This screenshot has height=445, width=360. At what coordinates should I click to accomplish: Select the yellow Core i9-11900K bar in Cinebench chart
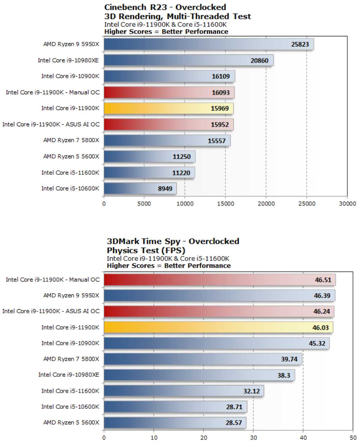coord(168,108)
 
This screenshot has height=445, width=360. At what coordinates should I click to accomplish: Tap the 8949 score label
coord(165,189)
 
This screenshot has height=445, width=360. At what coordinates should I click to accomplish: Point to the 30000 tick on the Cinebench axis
coord(347,204)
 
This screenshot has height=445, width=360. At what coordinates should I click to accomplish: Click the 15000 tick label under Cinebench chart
coord(225,204)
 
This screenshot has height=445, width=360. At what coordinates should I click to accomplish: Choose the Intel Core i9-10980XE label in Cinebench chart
coord(68,60)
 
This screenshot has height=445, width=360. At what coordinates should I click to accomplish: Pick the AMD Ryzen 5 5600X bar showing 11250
coord(149,157)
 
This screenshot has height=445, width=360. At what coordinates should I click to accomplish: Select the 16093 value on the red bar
coord(220,93)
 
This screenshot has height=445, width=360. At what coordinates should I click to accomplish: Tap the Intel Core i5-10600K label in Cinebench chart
coord(70,188)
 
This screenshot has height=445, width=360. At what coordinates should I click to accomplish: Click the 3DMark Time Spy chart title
coord(173,241)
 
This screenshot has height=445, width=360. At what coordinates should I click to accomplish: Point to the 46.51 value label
coord(323,280)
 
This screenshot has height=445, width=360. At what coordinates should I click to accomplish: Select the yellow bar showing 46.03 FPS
coord(218,327)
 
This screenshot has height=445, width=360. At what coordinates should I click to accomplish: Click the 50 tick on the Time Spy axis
coord(353,438)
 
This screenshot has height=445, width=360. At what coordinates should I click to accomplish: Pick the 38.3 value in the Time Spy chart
coord(284,375)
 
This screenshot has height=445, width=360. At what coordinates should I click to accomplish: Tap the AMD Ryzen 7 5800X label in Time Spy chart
coord(71,359)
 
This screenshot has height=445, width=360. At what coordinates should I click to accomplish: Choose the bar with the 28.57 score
coord(175,423)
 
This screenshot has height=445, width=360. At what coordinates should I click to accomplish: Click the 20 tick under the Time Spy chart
coord(204,438)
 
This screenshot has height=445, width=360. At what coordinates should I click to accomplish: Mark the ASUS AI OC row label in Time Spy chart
coord(51,311)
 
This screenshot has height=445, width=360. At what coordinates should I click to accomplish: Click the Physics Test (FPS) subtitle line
coord(146,250)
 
